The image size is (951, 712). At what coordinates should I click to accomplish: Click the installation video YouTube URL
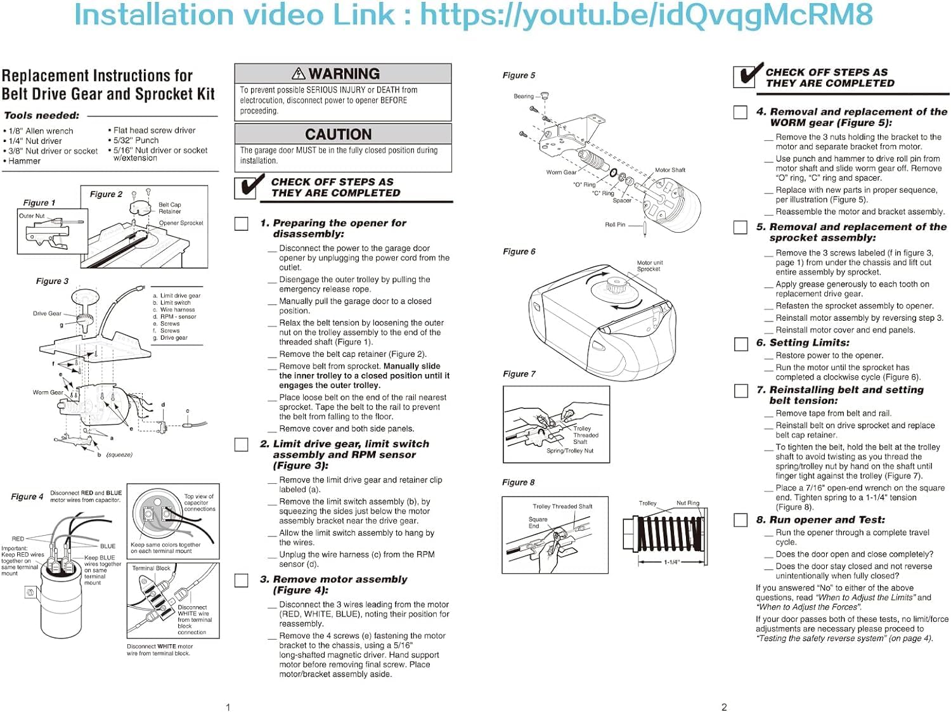tap(647, 15)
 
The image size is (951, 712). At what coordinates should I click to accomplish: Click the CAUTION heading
tap(338, 134)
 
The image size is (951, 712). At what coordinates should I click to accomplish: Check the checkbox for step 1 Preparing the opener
tap(242, 223)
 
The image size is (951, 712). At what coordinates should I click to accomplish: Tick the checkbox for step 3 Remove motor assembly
tap(242, 580)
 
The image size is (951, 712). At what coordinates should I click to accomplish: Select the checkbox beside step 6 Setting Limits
tap(741, 344)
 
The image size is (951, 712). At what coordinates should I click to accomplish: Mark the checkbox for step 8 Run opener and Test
tap(741, 520)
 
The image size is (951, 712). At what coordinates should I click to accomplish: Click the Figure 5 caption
tap(519, 75)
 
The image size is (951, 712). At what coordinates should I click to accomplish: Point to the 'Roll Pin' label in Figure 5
tap(614, 224)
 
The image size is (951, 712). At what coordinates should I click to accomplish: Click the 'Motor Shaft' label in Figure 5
tap(670, 170)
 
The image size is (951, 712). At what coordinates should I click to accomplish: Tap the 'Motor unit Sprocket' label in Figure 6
tap(649, 266)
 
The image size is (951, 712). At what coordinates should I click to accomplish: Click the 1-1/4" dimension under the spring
tap(671, 562)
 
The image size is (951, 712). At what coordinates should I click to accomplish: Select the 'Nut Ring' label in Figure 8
tap(687, 503)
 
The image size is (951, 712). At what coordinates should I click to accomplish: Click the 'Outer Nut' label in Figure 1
tap(32, 216)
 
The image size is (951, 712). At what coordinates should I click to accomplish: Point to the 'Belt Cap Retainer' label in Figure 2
tap(170, 208)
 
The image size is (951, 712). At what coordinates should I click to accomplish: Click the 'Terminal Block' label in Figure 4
tap(151, 568)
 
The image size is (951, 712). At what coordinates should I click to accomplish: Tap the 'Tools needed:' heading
tap(42, 115)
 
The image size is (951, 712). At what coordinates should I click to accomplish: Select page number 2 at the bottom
tap(724, 706)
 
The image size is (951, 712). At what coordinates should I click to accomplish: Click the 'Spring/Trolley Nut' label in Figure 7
tap(570, 451)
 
